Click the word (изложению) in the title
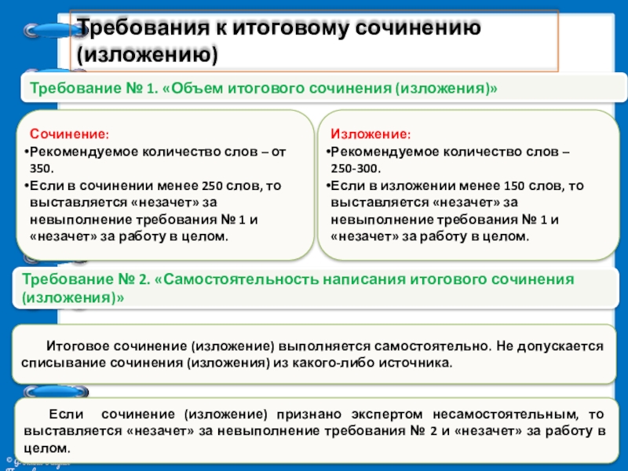146,55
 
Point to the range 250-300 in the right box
356,169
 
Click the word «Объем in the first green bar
188,89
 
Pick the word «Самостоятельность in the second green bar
235,280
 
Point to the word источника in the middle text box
424,363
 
